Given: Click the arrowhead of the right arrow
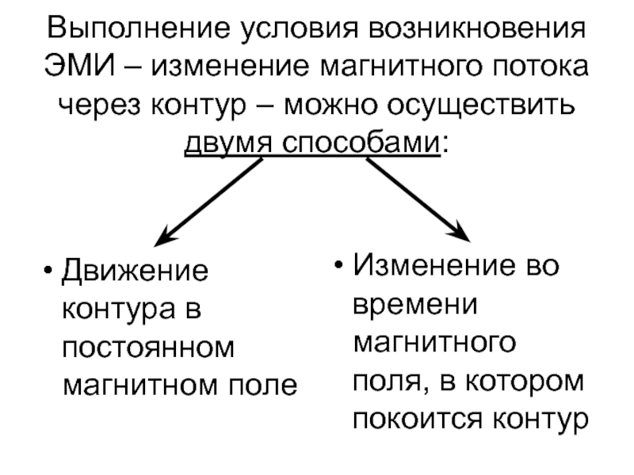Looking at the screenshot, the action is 464,234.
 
